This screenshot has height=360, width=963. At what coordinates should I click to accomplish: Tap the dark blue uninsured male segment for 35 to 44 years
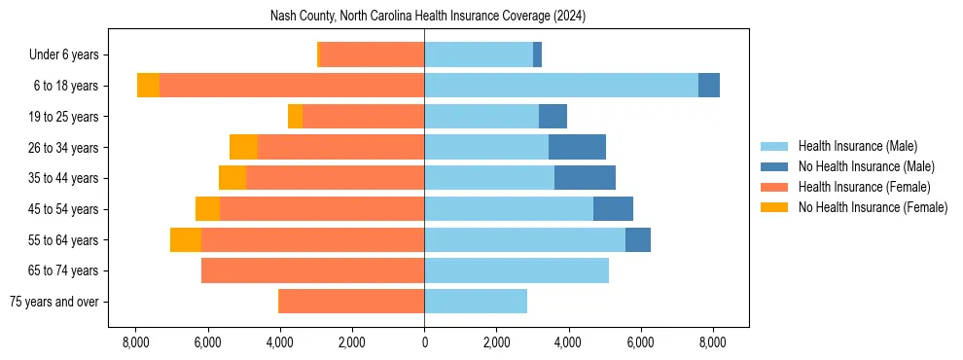click(585, 178)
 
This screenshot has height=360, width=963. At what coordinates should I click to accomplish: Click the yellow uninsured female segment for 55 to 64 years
click(186, 239)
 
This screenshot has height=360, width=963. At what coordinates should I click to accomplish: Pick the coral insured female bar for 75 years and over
click(351, 302)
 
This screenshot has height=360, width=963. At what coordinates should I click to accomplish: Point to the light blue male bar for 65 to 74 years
click(517, 270)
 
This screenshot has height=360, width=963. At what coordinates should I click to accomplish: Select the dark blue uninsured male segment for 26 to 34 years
click(577, 147)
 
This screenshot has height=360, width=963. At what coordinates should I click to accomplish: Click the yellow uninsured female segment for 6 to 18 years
click(148, 86)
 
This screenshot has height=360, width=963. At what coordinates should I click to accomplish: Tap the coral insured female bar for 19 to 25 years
click(363, 117)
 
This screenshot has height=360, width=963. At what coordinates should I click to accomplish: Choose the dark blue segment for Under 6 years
click(537, 54)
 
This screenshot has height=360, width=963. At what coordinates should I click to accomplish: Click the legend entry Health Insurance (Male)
click(857, 146)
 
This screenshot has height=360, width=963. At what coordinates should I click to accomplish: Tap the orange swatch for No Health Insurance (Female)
click(774, 207)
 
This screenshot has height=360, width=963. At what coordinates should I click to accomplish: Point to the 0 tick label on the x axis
click(424, 342)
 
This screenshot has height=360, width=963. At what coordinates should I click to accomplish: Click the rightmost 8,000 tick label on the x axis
click(712, 342)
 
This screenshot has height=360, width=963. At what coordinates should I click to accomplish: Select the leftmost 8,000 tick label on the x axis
click(135, 342)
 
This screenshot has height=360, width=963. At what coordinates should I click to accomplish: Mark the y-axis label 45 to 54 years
click(64, 209)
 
